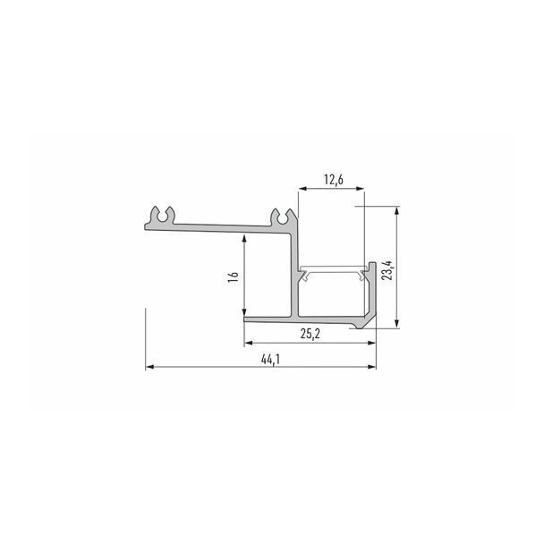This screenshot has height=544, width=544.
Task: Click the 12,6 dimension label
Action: (x=334, y=180)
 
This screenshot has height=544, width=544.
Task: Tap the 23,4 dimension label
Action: (x=388, y=270)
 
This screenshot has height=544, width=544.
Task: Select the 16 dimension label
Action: (x=234, y=276)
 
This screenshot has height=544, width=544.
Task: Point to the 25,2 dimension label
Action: (x=310, y=334)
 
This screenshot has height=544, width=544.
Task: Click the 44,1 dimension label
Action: (x=270, y=360)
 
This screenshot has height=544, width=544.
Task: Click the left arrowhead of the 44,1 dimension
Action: (x=150, y=367)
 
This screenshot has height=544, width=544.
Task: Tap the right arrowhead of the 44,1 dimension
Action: (x=372, y=367)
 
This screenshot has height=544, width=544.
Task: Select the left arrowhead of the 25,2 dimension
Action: (x=249, y=343)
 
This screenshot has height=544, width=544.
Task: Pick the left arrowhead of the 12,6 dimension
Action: (x=303, y=189)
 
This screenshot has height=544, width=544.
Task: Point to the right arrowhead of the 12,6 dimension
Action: (x=360, y=189)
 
